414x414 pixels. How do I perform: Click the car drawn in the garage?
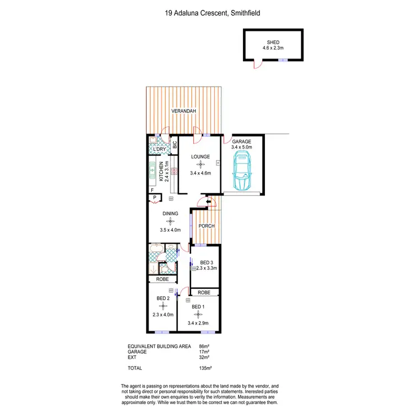[x=242, y=172]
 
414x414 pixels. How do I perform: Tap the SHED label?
[x=274, y=41]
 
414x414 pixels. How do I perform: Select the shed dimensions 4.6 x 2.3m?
[x=274, y=47]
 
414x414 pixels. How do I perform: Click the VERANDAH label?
[x=184, y=112]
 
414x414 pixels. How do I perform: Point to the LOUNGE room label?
[x=200, y=157]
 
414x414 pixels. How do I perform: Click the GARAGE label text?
[x=242, y=141]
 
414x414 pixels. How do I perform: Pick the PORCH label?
[x=206, y=226]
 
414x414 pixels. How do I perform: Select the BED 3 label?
[x=205, y=262]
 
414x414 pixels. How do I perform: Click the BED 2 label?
[x=162, y=299]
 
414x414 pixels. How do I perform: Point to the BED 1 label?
[x=198, y=306]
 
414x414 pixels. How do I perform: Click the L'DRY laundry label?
[x=160, y=150]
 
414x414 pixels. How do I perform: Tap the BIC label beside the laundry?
[x=174, y=146]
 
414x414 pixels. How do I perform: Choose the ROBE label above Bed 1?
[x=204, y=292]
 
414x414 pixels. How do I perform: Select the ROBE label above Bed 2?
[x=162, y=279]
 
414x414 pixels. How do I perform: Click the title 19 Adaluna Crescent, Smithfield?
[x=206, y=12]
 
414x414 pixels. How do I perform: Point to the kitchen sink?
[x=153, y=171]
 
